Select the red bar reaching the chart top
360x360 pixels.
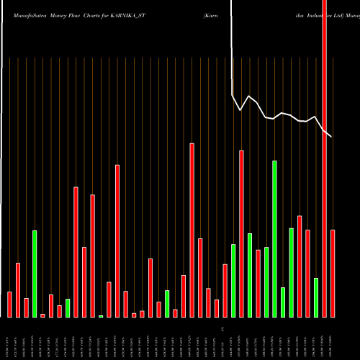click(324, 158)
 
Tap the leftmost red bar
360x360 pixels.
click(9, 305)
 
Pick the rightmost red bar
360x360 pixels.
click(333, 274)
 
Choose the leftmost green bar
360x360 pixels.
click(35, 274)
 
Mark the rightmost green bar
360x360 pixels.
click(316, 297)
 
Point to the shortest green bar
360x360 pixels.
click(101, 316)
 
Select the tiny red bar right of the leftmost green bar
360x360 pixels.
click(42, 315)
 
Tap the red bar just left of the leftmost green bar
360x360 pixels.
click(26, 307)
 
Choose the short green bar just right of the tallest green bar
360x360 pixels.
click(283, 302)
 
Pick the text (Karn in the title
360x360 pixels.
click(212, 14)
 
